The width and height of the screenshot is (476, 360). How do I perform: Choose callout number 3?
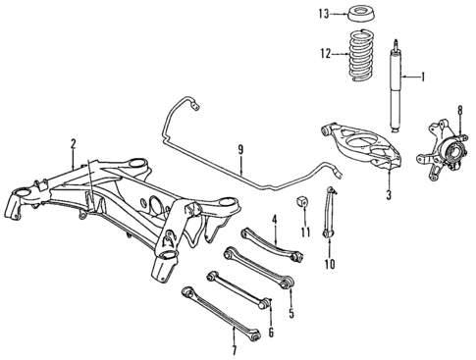pyautogui.click(x=389, y=195)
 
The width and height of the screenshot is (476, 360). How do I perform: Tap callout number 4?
pyautogui.click(x=276, y=219)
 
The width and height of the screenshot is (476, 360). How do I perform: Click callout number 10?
pyautogui.click(x=330, y=264)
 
